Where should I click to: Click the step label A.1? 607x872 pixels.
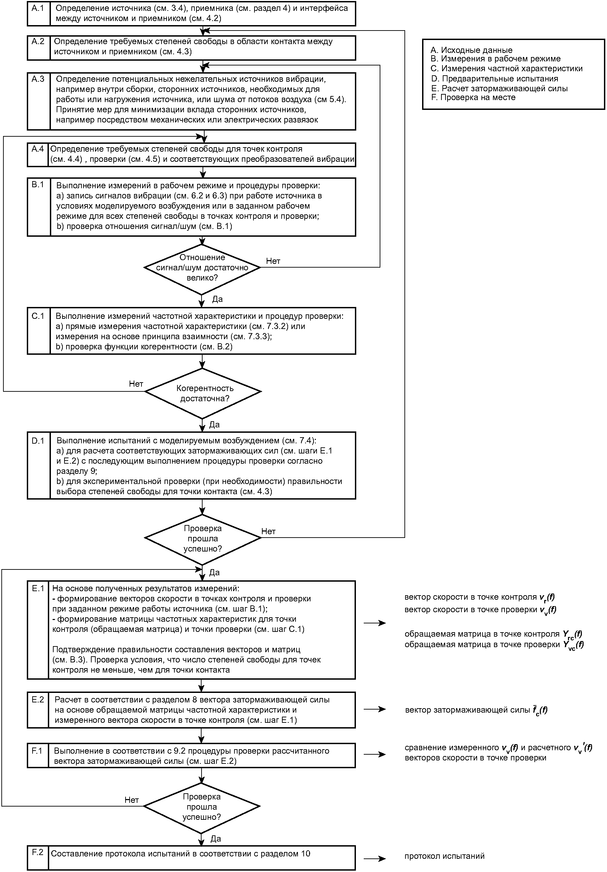tap(38, 8)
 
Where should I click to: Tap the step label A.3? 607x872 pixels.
tap(38, 79)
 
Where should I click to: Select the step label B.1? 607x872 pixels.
tap(38, 184)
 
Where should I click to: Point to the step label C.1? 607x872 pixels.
tap(38, 316)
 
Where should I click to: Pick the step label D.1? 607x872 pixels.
tap(38, 441)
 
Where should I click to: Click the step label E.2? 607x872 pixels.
tap(38, 699)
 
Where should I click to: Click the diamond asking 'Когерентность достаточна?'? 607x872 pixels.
tap(203, 393)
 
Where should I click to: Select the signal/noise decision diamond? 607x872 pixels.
tap(202, 269)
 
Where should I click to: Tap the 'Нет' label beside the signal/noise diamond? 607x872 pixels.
tap(273, 261)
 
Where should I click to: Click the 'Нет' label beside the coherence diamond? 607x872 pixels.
tap(136, 384)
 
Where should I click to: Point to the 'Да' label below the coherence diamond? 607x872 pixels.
tap(215, 424)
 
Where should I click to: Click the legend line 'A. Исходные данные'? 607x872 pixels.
tap(471, 50)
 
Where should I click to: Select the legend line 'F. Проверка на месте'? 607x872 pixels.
tap(473, 97)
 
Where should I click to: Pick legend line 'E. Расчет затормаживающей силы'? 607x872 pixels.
tap(499, 88)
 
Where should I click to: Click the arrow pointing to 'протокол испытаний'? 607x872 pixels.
tap(375, 855)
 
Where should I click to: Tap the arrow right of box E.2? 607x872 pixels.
tap(375, 709)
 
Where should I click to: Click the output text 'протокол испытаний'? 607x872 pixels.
tap(444, 856)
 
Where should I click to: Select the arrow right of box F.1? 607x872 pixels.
tap(375, 754)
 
